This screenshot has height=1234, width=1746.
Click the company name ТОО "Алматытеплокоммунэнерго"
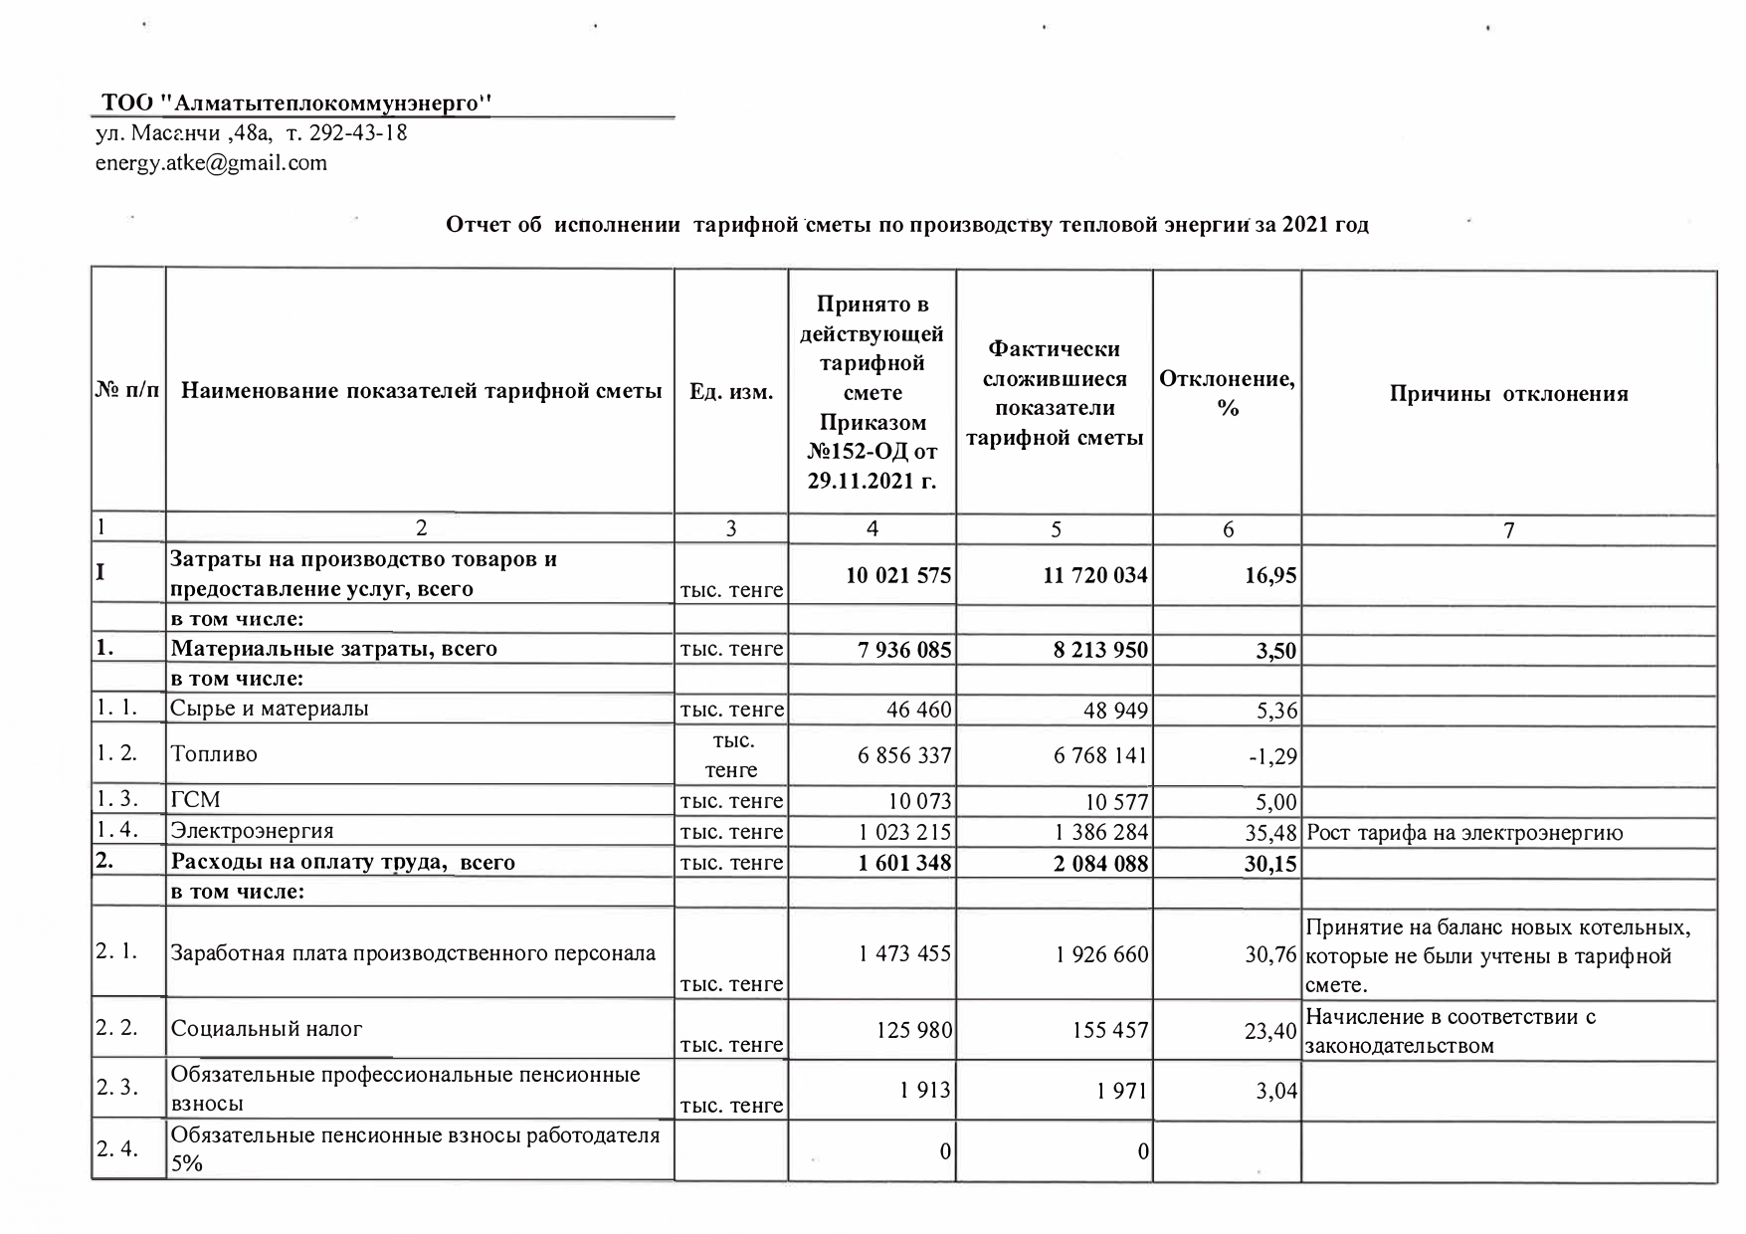click(297, 103)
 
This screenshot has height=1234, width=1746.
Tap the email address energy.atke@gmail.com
click(211, 163)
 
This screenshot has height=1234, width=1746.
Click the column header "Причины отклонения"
click(1508, 394)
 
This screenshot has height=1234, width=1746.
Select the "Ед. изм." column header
click(731, 392)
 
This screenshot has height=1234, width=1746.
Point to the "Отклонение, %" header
click(1227, 393)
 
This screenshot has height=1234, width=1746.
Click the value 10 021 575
click(898, 575)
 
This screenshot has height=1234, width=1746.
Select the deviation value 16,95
click(1270, 576)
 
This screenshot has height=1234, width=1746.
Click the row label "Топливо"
click(214, 754)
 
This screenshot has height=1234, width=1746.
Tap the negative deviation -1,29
click(1272, 756)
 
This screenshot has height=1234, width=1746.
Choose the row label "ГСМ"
click(196, 800)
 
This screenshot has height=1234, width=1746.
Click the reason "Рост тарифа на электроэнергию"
click(1464, 833)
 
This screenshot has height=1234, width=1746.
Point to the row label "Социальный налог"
click(267, 1029)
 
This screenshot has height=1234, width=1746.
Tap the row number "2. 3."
click(117, 1088)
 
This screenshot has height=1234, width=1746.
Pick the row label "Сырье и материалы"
click(270, 709)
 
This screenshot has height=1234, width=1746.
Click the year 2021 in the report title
click(1305, 225)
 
